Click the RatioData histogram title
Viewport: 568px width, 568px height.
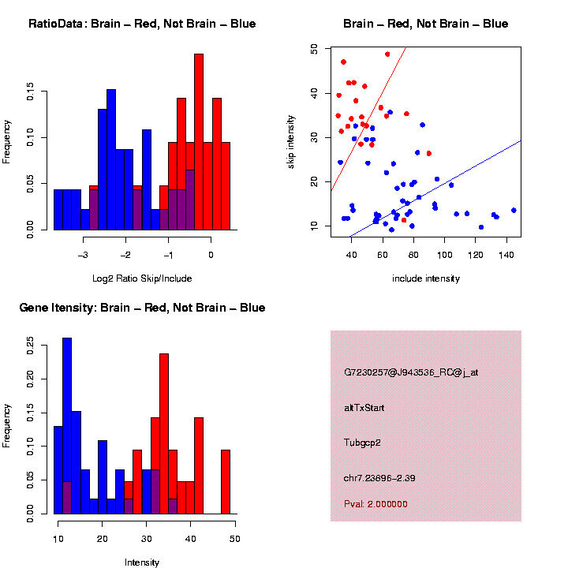pyautogui.click(x=142, y=24)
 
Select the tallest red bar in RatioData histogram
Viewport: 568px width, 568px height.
pyautogui.click(x=199, y=142)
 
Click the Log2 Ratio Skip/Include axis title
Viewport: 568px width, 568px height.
pyautogui.click(x=142, y=278)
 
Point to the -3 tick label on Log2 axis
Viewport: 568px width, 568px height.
pyautogui.click(x=84, y=255)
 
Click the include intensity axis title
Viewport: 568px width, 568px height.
pyautogui.click(x=426, y=278)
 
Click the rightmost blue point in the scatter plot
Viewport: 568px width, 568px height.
pyautogui.click(x=514, y=211)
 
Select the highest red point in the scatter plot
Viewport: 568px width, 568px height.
pyautogui.click(x=387, y=54)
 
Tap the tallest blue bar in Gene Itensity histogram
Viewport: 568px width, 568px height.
pyautogui.click(x=67, y=426)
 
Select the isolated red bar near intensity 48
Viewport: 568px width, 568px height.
pyautogui.click(x=226, y=481)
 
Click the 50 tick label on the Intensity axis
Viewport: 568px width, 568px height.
pyautogui.click(x=234, y=539)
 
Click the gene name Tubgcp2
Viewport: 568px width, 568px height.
pyautogui.click(x=363, y=443)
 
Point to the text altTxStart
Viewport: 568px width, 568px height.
pyautogui.click(x=364, y=408)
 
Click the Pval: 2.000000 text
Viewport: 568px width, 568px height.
pyautogui.click(x=376, y=504)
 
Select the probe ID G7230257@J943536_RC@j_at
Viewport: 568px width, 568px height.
pyautogui.click(x=411, y=372)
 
